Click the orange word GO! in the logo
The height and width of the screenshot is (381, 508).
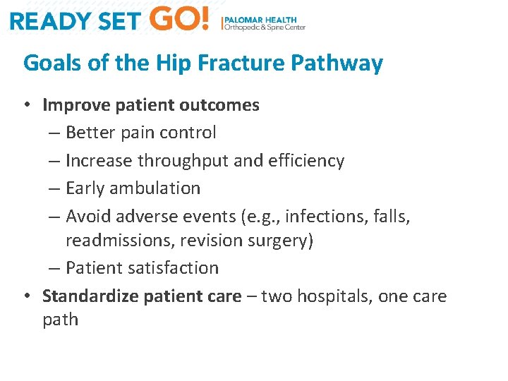tap(180, 19)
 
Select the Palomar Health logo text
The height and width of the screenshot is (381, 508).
tap(265, 23)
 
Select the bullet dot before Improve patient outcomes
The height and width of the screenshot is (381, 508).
tap(27, 106)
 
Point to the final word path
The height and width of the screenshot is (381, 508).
tap(60, 320)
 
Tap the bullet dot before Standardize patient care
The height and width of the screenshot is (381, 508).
tap(27, 296)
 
